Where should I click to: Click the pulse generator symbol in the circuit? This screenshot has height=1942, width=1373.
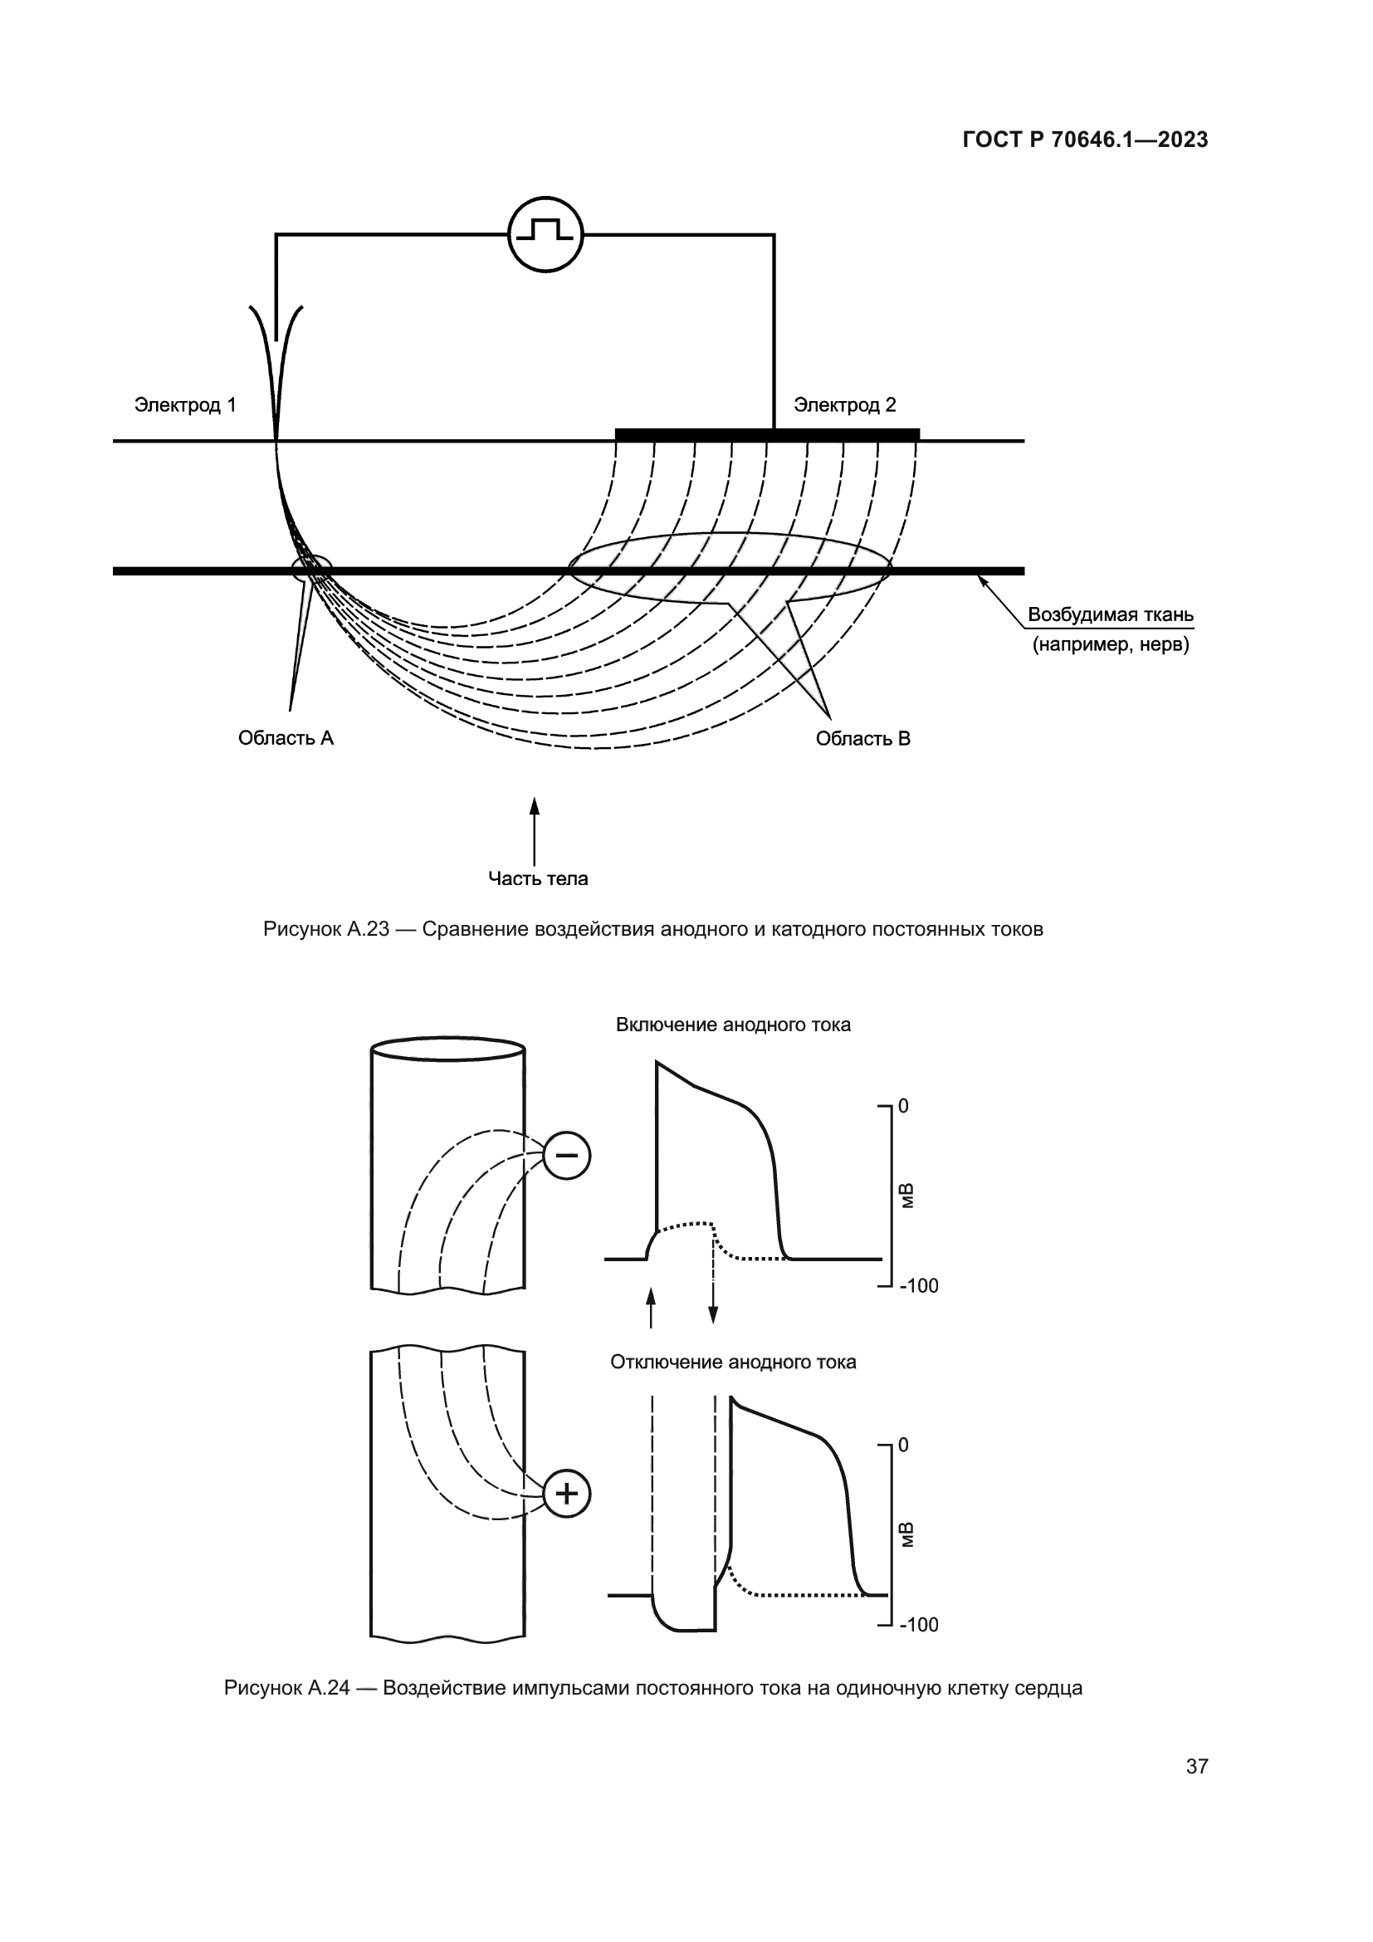pos(545,234)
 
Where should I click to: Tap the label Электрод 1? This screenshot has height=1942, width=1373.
pos(185,405)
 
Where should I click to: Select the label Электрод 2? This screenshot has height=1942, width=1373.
pos(843,405)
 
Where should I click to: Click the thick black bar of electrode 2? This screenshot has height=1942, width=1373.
pos(766,435)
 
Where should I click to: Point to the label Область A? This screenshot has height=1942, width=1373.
pos(286,738)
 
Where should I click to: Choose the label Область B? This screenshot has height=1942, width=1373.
pos(862,738)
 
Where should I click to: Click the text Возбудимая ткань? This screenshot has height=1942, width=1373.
pos(1110,615)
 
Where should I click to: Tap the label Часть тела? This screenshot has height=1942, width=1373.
pos(538,878)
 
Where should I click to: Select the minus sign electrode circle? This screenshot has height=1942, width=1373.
pos(565,1156)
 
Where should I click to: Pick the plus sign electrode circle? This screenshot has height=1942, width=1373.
pos(565,1494)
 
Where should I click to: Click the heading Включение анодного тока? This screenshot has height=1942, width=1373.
pos(733,1025)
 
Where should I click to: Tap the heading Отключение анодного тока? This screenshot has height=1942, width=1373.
pos(733,1362)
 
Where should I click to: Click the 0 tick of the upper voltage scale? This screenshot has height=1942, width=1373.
pos(903,1106)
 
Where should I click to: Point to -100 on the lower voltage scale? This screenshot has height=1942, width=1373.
pos(918,1625)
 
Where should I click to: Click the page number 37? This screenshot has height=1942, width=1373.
pos(1196,1766)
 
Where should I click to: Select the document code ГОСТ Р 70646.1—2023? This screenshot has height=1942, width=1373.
pos(1085,140)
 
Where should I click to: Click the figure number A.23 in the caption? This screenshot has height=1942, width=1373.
pos(367,930)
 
